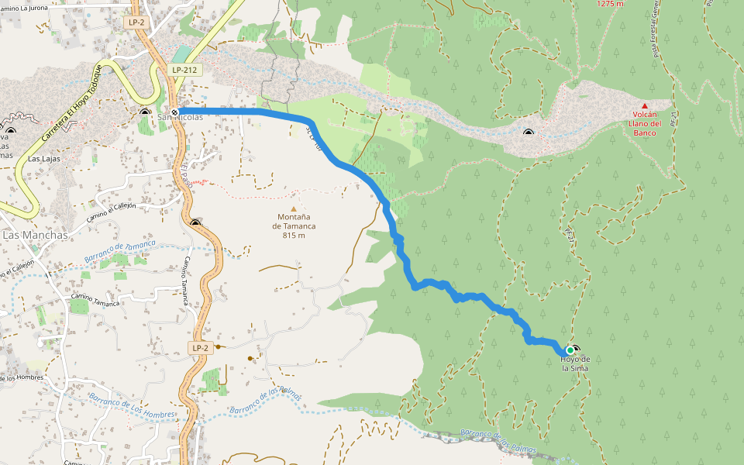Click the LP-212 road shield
184,70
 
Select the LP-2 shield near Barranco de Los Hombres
200,348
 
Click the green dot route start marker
570,350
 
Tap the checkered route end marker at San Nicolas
175,112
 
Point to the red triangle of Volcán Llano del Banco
644,105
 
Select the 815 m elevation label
294,236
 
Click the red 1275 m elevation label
610,4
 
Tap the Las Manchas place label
36,234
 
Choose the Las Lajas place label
44,158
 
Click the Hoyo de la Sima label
575,363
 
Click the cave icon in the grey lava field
529,134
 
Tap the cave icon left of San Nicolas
145,112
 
